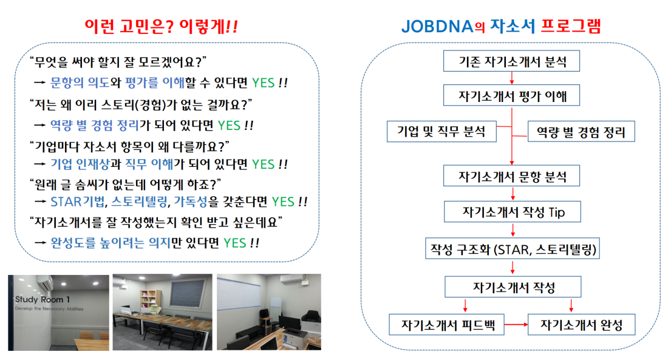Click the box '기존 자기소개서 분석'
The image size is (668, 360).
pos(511,61)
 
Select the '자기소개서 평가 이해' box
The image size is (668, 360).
pos(511,95)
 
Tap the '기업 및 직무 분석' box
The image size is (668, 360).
pos(441,131)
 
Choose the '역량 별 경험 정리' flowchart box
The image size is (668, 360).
pos(581,131)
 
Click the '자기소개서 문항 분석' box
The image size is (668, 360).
pos(511,175)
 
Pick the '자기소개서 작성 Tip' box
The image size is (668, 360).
pos(512,212)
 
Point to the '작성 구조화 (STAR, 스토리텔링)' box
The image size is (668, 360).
pos(513,248)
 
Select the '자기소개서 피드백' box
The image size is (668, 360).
pos(446,325)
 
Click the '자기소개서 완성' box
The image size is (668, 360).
pos(581,325)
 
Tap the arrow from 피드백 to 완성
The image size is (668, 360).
pos(516,325)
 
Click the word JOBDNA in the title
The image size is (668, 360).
pos(437,27)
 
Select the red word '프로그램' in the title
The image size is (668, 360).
pos(571,26)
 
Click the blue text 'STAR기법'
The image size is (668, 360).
pos(78,201)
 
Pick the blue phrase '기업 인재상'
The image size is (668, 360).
pos(80,164)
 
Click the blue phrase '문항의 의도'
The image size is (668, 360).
pos(80,82)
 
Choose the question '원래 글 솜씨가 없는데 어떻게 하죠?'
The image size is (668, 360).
pos(125,185)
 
